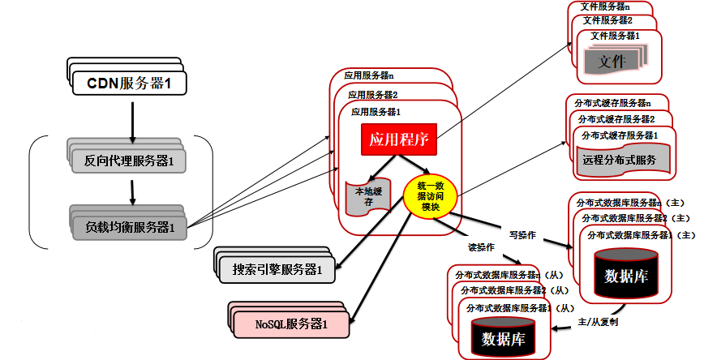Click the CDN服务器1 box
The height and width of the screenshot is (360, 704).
pos(131,83)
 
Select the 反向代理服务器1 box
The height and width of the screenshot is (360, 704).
pos(130,160)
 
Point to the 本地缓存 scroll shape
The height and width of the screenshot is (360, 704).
pos(363,197)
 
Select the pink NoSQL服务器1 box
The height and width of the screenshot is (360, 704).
pos(291,324)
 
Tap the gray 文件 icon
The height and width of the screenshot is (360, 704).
pos(612,62)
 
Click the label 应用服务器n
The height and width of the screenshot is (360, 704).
pos(369,75)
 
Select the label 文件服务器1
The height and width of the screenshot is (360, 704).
pos(615,36)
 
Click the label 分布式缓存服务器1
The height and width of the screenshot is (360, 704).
pos(616,135)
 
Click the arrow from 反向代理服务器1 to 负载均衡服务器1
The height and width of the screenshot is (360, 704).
pos(131,191)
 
